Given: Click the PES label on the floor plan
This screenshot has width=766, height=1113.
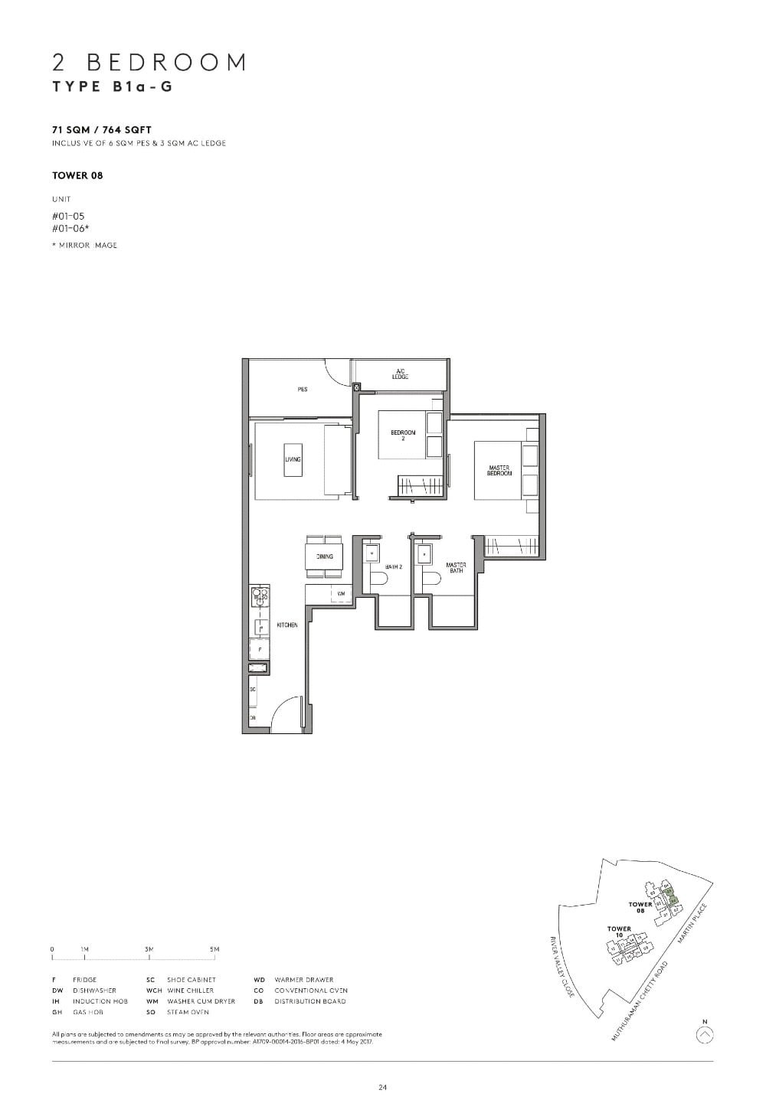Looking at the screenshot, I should pos(303,390).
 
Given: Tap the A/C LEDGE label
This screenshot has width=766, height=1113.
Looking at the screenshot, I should pos(400,374).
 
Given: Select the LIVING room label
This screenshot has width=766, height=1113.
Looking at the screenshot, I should pos(293,459).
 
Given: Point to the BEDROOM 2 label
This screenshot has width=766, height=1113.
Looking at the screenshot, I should pos(403,435).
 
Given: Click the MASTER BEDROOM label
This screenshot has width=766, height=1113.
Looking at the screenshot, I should pos(499,471).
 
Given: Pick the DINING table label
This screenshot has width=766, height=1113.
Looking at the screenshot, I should pos(324,556).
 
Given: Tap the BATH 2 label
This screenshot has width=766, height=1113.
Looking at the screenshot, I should pos(394,566).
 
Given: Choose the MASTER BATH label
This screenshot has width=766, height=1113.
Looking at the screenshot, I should pos(456,568).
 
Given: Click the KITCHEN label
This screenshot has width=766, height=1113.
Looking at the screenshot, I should pos(287,625).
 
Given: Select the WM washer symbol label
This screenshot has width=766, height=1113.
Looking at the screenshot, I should pos(339,593).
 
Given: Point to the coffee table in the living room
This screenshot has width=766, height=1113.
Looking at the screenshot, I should pos(293,459).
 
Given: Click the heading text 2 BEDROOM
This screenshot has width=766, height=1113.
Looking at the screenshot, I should pos(149,62).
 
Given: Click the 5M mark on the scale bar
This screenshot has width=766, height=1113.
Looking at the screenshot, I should pos(214,949).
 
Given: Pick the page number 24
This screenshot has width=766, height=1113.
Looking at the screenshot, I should pos(382,1087).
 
